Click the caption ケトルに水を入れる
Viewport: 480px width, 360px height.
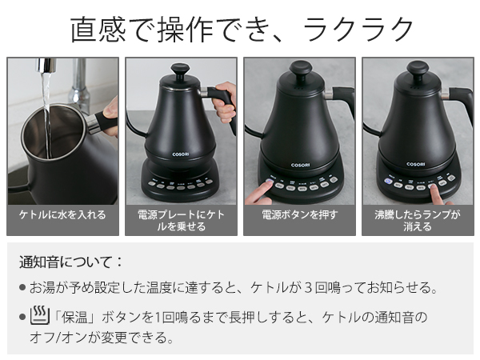[62, 214]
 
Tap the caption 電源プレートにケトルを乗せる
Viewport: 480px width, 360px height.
[181, 221]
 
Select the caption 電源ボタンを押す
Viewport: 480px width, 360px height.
[299, 214]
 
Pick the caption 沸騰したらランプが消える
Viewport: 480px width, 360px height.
[418, 221]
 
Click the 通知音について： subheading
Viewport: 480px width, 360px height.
[72, 262]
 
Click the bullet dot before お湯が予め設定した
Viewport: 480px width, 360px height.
[22, 288]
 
